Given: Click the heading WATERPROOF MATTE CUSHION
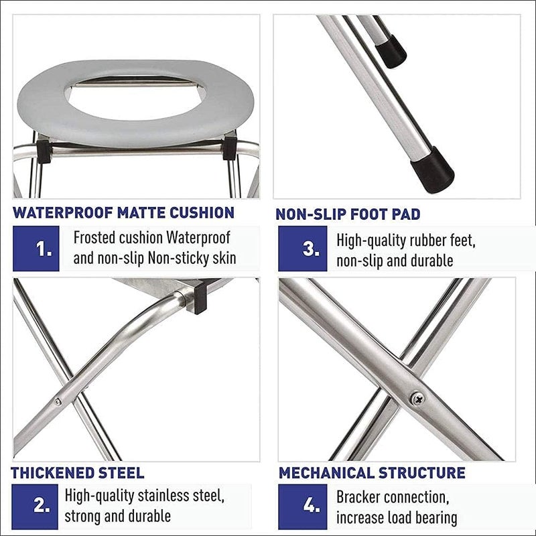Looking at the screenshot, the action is (x=123, y=212).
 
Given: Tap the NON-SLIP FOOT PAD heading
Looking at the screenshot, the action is (x=348, y=214).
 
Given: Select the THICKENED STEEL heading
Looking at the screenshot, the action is (x=78, y=473).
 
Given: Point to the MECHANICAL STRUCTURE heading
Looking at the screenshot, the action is (x=372, y=473).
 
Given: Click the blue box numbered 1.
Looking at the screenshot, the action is (x=36, y=249).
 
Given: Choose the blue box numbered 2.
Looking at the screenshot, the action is (x=35, y=507).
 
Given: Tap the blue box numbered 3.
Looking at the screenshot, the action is (x=303, y=249).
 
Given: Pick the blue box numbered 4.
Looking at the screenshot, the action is (x=303, y=507).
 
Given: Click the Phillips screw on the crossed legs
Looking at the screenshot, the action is (x=417, y=399).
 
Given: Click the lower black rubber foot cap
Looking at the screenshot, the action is (x=433, y=170).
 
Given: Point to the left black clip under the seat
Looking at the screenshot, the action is (x=44, y=150).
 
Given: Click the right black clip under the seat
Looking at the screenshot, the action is (x=230, y=149).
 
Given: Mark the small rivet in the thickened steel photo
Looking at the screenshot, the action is (x=58, y=402).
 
